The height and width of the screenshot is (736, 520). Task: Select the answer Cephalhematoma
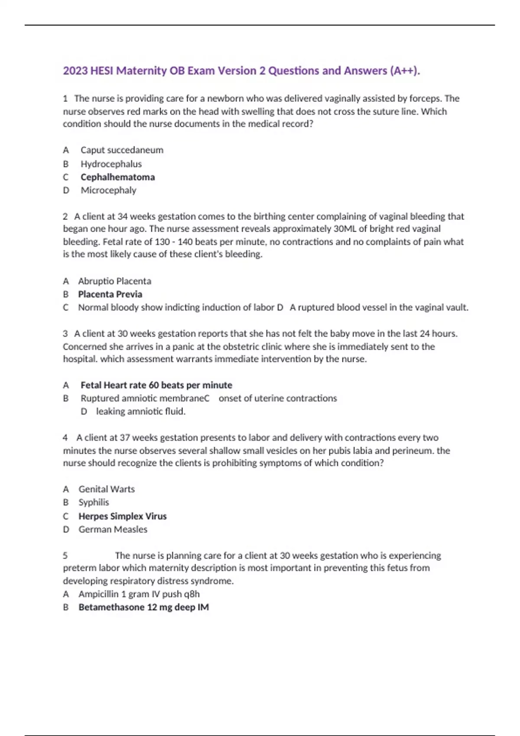pos(117,177)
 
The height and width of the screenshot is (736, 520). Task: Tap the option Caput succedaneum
pos(122,150)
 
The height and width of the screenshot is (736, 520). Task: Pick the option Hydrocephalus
pos(111,164)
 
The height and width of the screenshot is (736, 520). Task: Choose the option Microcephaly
pos(108,190)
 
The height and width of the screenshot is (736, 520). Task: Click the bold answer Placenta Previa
pos(110,294)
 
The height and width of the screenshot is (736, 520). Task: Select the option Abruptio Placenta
pos(114,281)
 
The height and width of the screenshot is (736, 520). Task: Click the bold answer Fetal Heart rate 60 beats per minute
pos(156,385)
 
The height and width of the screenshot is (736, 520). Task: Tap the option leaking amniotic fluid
pos(140,411)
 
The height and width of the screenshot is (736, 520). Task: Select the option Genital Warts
pos(107,489)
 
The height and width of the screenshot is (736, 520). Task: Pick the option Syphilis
pos(94,502)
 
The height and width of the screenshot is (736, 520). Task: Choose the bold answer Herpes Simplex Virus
pos(122,516)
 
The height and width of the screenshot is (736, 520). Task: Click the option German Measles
pos(113,529)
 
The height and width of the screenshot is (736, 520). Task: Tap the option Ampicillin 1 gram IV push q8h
pos(139,594)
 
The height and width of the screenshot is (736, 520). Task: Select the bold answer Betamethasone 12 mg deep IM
pos(143,607)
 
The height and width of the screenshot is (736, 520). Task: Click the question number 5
pos(65,555)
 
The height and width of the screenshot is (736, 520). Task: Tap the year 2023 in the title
pos(75,71)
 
